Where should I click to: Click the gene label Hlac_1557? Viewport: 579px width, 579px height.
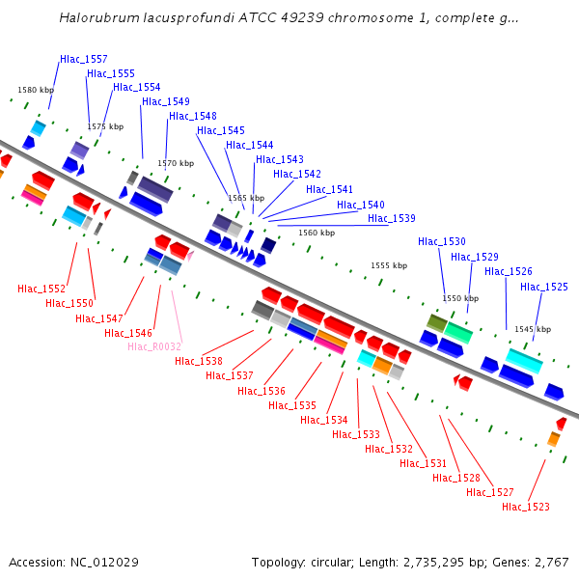tap(84, 59)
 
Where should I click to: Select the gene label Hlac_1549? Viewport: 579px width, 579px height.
tap(166, 101)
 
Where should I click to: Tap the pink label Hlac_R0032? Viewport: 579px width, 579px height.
tap(154, 346)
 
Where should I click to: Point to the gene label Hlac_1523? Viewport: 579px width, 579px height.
tap(526, 507)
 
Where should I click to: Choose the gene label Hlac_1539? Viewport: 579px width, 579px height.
tap(392, 218)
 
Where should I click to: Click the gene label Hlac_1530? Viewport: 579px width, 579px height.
tap(442, 241)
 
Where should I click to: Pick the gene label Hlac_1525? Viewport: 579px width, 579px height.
tap(544, 287)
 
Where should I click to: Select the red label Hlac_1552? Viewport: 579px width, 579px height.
tap(41, 289)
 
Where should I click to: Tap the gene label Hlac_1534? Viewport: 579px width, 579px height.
tap(324, 420)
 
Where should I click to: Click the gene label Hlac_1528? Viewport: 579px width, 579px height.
tap(456, 478)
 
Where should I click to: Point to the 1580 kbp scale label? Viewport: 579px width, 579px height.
tap(36, 90)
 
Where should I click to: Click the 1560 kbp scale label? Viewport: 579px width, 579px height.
tap(317, 233)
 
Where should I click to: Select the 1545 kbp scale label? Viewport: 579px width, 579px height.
tap(532, 328)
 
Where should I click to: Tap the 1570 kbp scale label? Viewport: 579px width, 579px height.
tap(176, 163)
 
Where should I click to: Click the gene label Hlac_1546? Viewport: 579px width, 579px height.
tap(128, 333)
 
